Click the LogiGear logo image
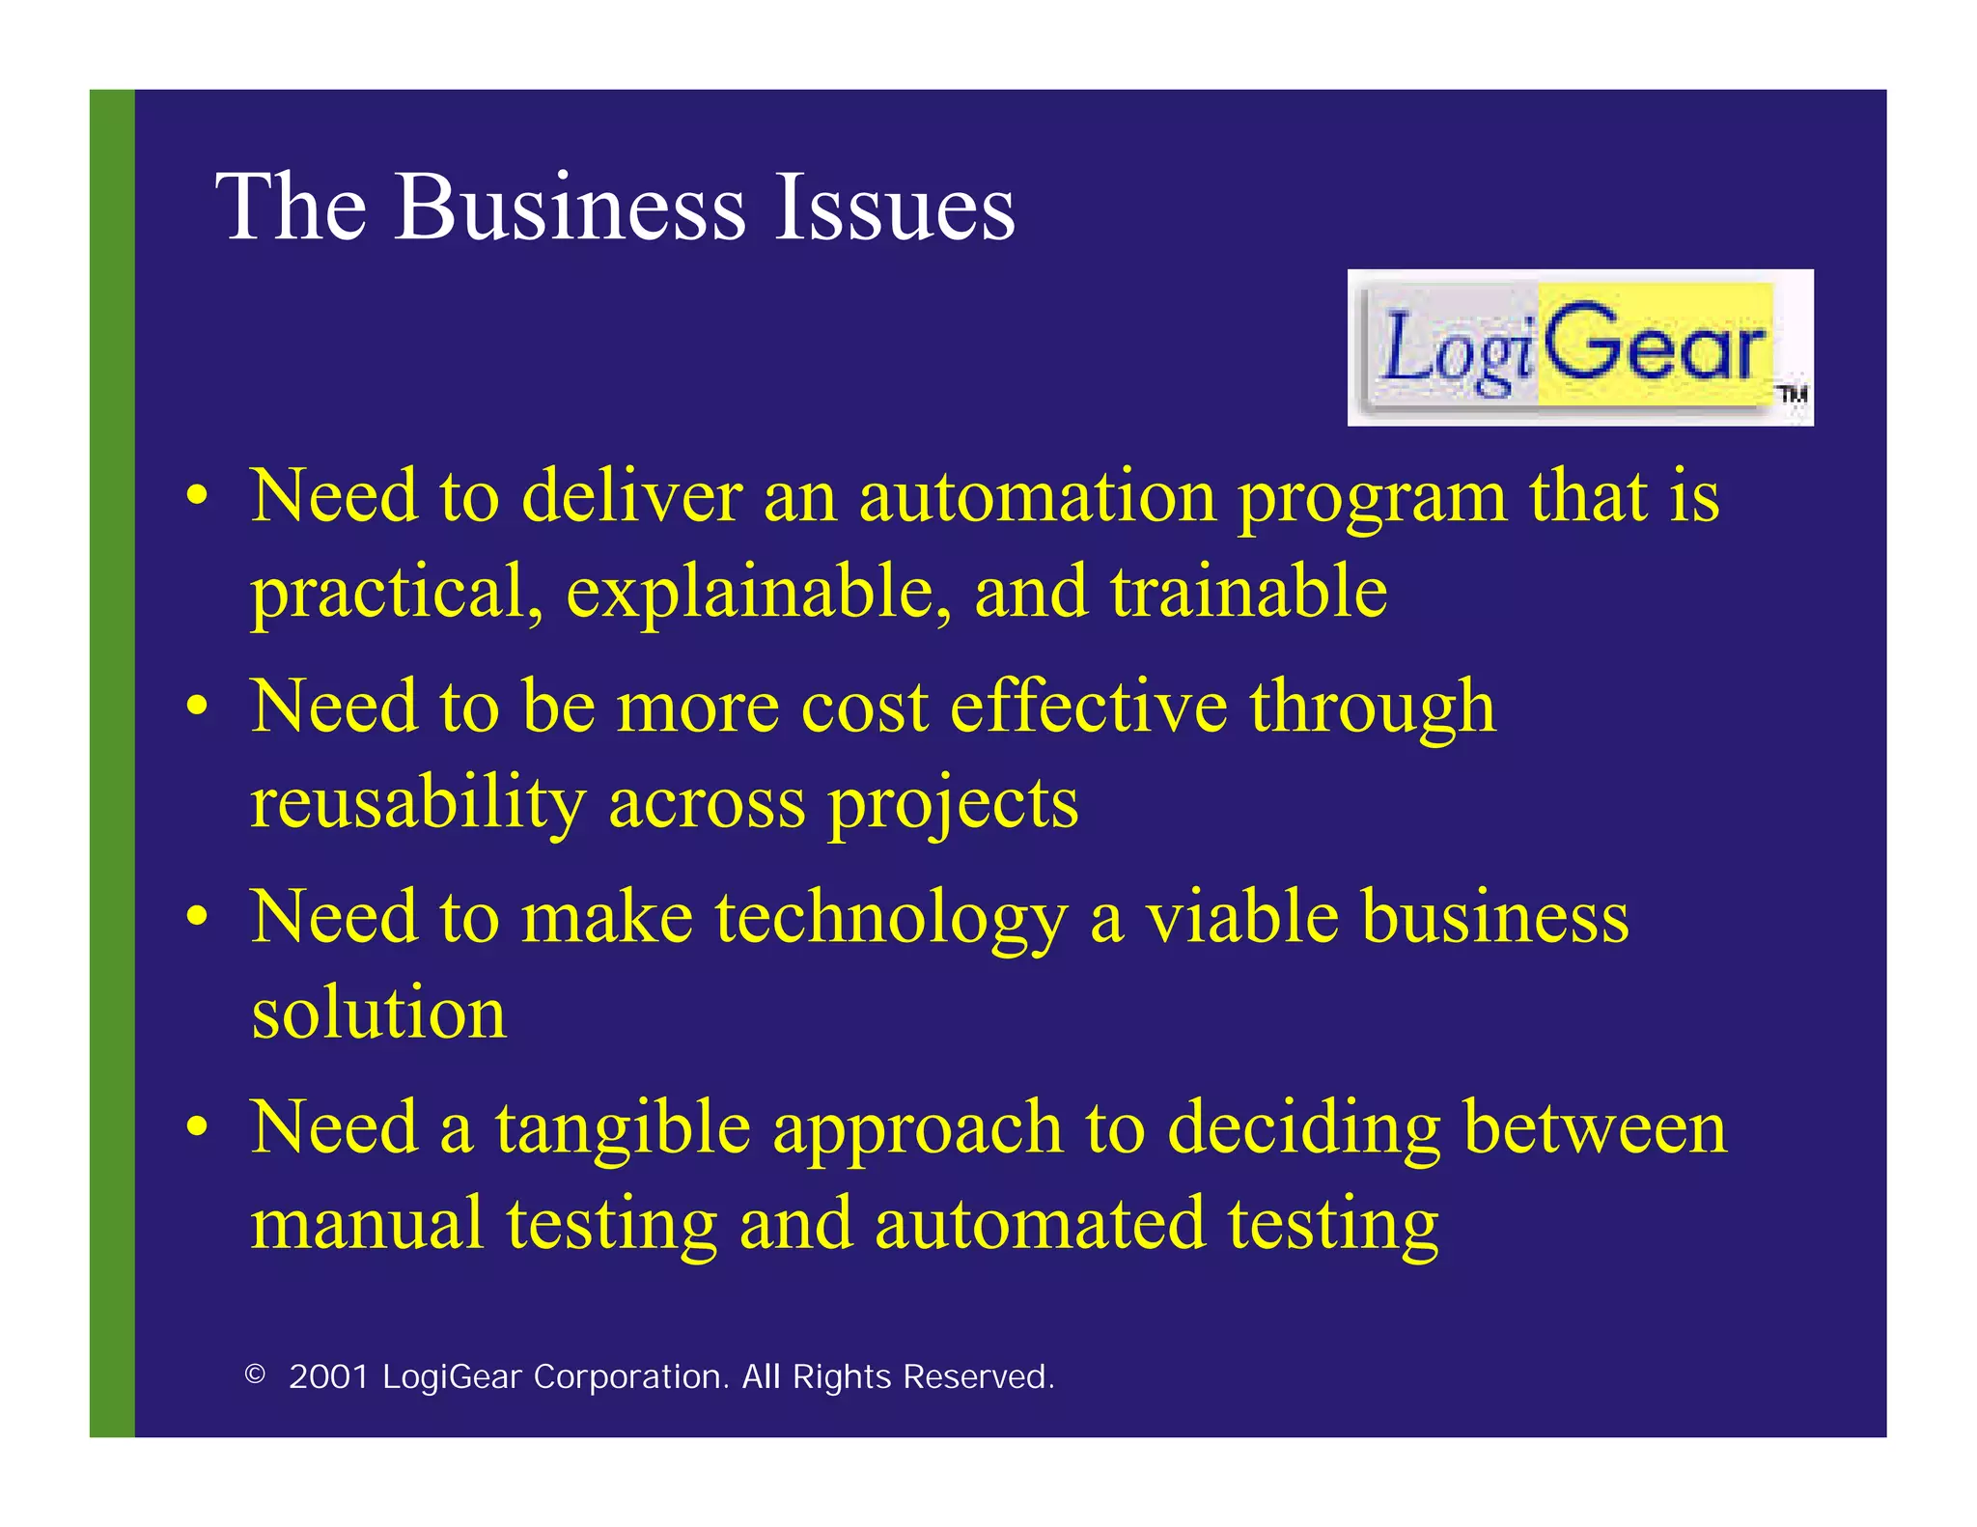coord(1579,347)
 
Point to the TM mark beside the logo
coord(1794,394)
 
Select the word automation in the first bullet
coord(1038,496)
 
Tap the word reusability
coord(418,803)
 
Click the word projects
coord(953,803)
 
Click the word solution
coord(378,1013)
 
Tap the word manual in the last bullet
coord(367,1224)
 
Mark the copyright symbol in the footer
coord(255,1374)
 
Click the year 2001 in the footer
coord(329,1376)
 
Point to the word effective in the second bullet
coord(1088,707)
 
